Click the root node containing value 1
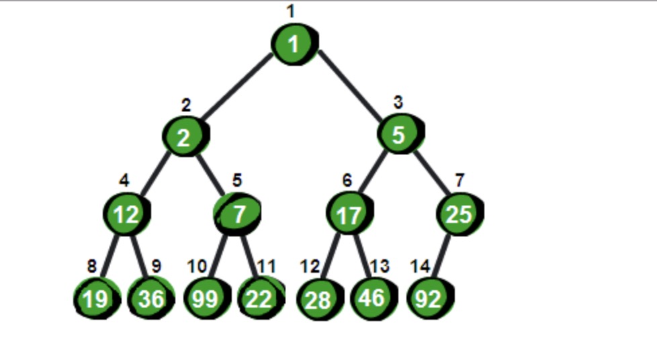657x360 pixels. (294, 44)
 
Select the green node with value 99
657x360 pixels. (205, 299)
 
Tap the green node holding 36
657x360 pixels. (151, 299)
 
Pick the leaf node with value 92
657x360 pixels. (428, 299)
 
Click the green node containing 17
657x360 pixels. (349, 215)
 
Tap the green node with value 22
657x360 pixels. (259, 299)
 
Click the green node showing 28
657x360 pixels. (318, 299)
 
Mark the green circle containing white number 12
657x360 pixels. (126, 215)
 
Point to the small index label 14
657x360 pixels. (420, 266)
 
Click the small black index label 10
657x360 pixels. (196, 266)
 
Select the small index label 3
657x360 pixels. (398, 103)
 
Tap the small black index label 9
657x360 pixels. (156, 266)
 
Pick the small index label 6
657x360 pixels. (347, 181)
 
